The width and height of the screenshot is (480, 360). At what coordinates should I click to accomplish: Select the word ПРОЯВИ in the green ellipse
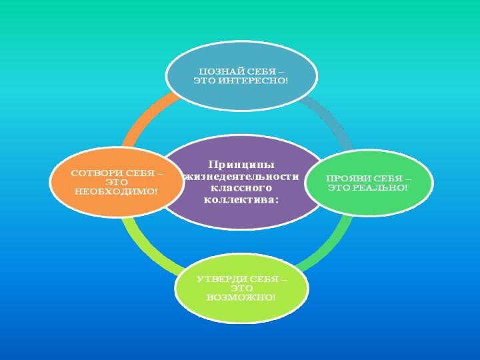click(345, 180)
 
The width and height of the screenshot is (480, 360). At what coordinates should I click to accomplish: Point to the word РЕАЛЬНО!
click(381, 189)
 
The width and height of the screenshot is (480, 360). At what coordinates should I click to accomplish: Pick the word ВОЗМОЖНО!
click(241, 295)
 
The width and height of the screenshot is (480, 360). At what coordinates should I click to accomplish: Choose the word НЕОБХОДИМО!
click(117, 191)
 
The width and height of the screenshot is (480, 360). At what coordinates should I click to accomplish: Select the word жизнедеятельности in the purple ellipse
click(241, 177)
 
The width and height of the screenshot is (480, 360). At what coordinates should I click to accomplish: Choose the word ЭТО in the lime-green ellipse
click(241, 287)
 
